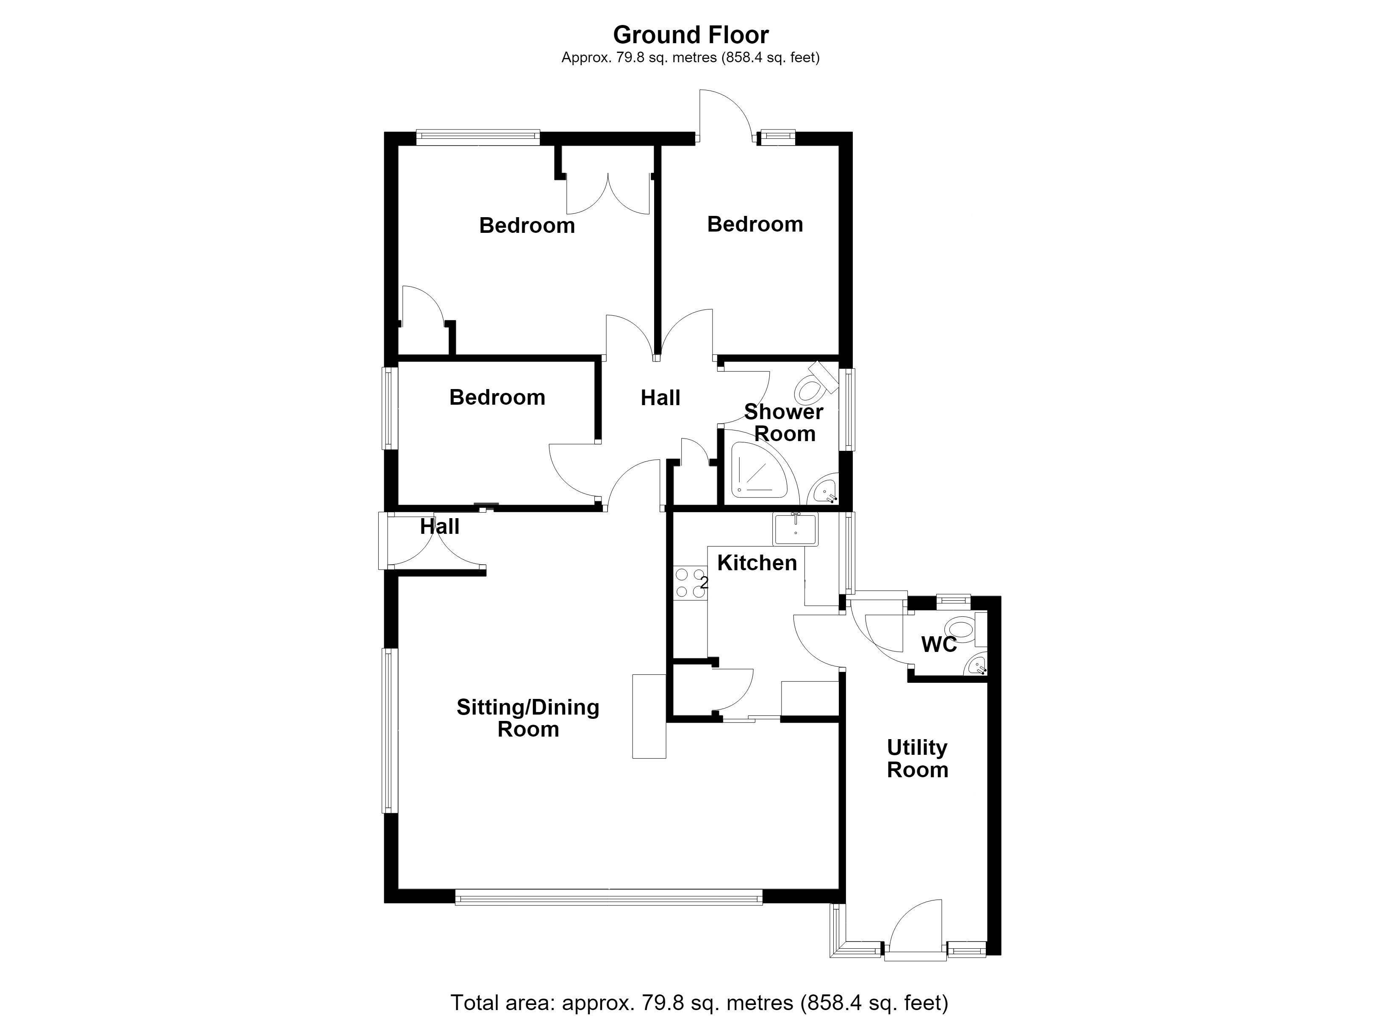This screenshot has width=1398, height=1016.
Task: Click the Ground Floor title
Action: pyautogui.click(x=691, y=35)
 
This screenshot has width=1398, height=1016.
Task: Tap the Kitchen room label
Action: pyautogui.click(x=757, y=563)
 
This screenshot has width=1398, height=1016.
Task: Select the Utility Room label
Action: pyautogui.click(x=917, y=759)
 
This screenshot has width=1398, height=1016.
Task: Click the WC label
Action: pyautogui.click(x=939, y=644)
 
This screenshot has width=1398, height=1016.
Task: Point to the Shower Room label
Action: pyautogui.click(x=784, y=422)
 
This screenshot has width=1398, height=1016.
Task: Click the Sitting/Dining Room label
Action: pyautogui.click(x=528, y=718)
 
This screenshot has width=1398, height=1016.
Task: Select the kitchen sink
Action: pyautogui.click(x=795, y=529)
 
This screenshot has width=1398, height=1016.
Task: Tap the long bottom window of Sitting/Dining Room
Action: pyautogui.click(x=608, y=897)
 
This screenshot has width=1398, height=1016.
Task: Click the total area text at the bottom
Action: pyautogui.click(x=699, y=1002)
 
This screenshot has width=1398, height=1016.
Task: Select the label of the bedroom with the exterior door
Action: pyautogui.click(x=755, y=224)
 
